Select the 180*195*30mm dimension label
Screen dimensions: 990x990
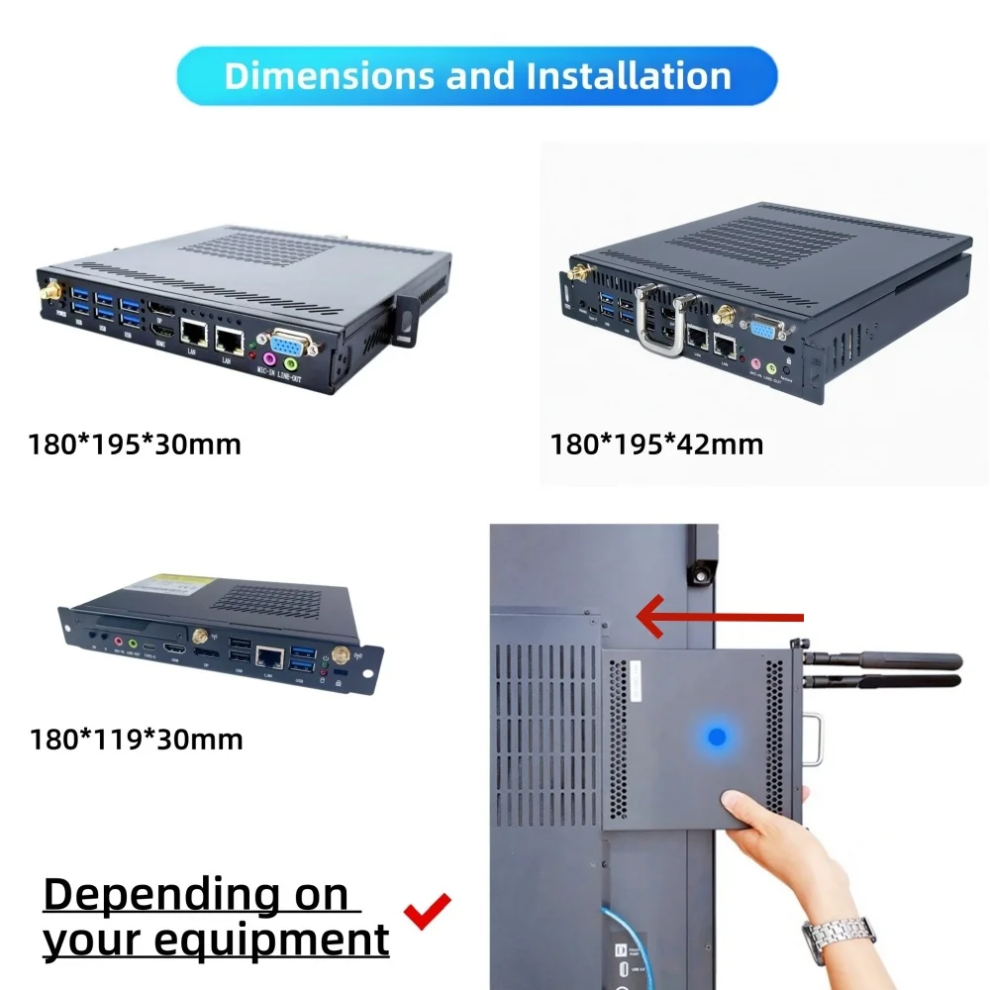[x=135, y=445]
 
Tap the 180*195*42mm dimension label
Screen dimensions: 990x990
[x=656, y=445]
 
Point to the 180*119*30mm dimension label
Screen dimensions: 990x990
[x=136, y=739]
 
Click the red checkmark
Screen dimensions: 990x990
[x=428, y=910]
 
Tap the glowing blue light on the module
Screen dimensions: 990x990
[x=717, y=737]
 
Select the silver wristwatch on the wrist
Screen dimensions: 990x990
[x=838, y=936]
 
